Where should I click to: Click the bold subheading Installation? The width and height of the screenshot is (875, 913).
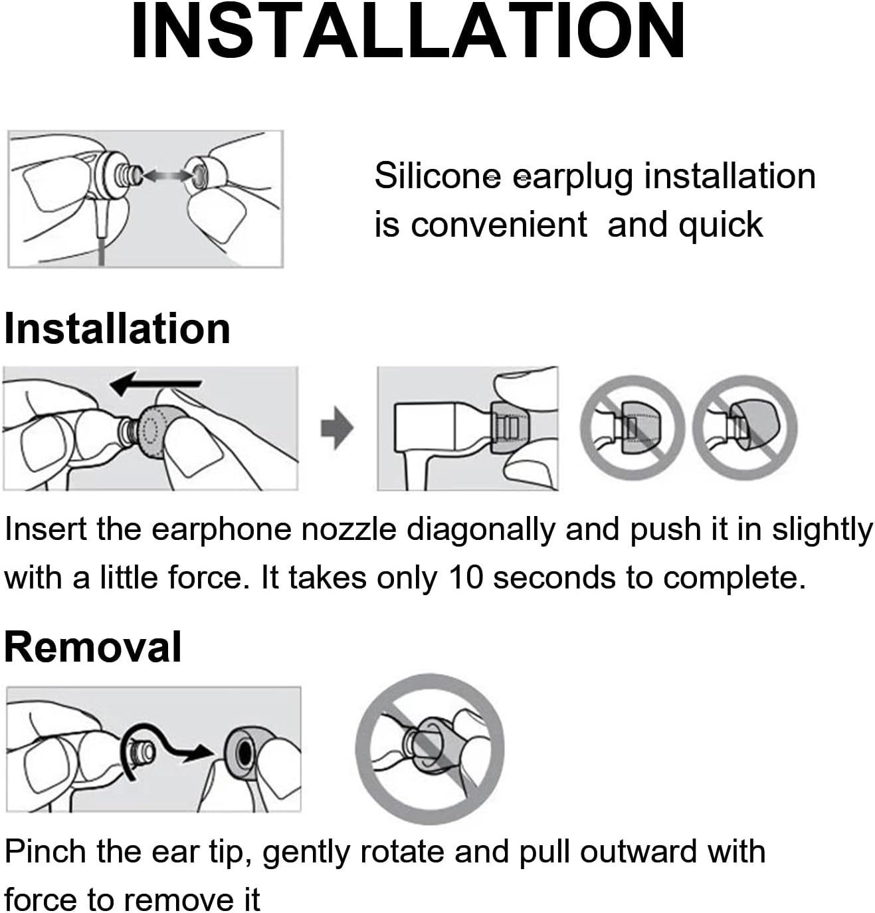tap(117, 328)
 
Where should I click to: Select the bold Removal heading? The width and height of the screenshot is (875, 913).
tap(92, 648)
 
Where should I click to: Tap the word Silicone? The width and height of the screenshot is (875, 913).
tap(437, 176)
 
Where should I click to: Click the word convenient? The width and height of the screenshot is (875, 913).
tap(499, 225)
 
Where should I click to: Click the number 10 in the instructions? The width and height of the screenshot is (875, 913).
tap(466, 577)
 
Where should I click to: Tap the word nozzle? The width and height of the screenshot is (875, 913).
tap(349, 529)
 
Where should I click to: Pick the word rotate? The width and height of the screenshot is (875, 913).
tap(402, 852)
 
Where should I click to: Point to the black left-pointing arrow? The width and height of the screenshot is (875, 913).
tap(156, 383)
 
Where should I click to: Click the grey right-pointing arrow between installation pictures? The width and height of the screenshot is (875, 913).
tap(336, 428)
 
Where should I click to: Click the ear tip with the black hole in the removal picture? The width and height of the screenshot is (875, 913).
tap(244, 753)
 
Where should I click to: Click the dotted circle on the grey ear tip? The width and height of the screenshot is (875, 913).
tap(151, 428)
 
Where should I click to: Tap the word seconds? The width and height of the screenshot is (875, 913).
tap(554, 577)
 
